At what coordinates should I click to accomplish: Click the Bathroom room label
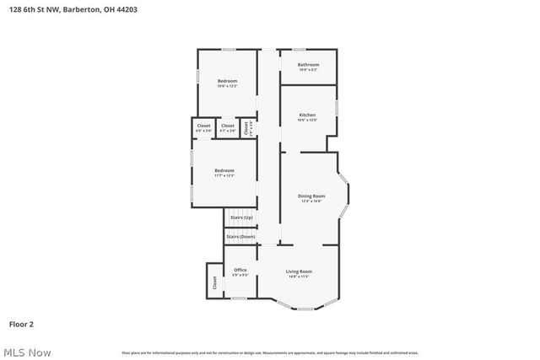pyautogui.click(x=308, y=65)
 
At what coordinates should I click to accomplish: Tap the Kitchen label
pyautogui.click(x=308, y=115)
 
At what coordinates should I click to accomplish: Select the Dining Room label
pyautogui.click(x=311, y=196)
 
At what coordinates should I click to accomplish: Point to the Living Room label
pyautogui.click(x=299, y=271)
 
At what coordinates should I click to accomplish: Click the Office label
pyautogui.click(x=240, y=270)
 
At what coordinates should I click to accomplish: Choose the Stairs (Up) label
pyautogui.click(x=242, y=218)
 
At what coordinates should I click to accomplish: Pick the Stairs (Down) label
pyautogui.click(x=240, y=236)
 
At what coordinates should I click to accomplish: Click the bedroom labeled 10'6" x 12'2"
pyautogui.click(x=227, y=81)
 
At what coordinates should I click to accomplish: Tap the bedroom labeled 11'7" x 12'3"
pyautogui.click(x=224, y=170)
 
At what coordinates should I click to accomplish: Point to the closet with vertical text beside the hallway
pyautogui.click(x=247, y=128)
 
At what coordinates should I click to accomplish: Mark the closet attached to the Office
pyautogui.click(x=214, y=282)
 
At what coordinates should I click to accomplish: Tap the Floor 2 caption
pyautogui.click(x=21, y=323)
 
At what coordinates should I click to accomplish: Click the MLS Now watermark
pyautogui.click(x=26, y=352)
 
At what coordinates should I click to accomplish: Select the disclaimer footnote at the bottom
pyautogui.click(x=269, y=352)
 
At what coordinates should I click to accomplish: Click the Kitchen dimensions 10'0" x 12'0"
pyautogui.click(x=308, y=120)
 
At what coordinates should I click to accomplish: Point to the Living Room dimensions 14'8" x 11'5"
pyautogui.click(x=299, y=276)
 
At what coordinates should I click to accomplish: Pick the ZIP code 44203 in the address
pyautogui.click(x=127, y=9)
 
